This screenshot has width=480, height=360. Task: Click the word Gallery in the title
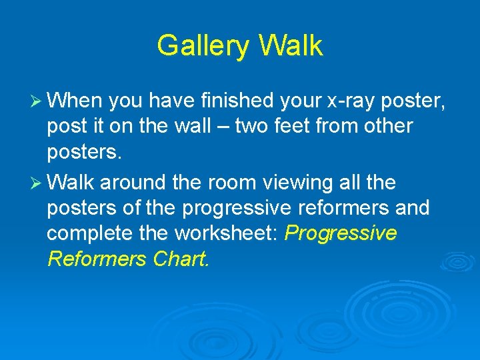pos(203,46)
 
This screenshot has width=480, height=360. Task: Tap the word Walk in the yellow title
pos(291,46)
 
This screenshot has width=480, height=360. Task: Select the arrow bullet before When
pos(36,101)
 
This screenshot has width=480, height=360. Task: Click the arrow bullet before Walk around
pos(36,181)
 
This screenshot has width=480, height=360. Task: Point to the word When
pos(75,101)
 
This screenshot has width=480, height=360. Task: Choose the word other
pos(387,125)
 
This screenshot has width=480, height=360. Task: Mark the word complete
pos(88,234)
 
